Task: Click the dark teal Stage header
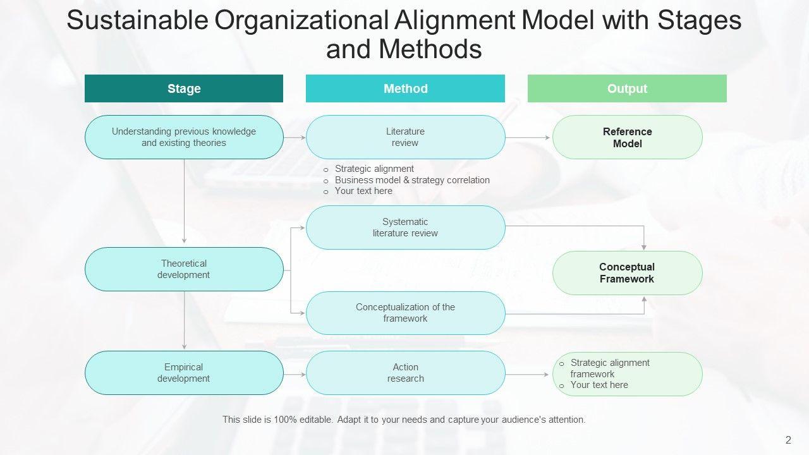click(x=184, y=88)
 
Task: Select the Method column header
click(x=405, y=88)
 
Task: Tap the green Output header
click(x=627, y=88)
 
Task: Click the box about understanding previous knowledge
click(x=184, y=137)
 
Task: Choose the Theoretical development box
click(x=184, y=269)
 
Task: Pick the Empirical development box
click(x=184, y=373)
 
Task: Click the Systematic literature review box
click(x=405, y=227)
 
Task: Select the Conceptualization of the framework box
click(x=405, y=313)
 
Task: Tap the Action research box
click(x=405, y=373)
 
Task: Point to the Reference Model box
click(x=627, y=137)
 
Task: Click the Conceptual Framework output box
click(x=627, y=273)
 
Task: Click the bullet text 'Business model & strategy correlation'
click(x=412, y=180)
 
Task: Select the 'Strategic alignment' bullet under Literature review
click(x=374, y=169)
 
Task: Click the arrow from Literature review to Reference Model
click(x=528, y=137)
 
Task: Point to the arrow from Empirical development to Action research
click(x=295, y=374)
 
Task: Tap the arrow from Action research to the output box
click(x=528, y=375)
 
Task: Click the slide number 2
click(x=788, y=440)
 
